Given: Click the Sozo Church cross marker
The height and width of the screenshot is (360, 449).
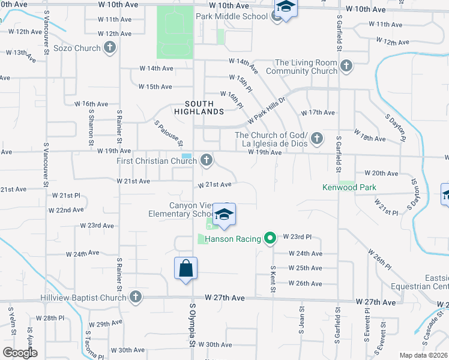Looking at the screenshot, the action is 109,48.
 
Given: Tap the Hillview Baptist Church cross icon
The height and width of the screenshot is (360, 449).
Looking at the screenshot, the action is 136,296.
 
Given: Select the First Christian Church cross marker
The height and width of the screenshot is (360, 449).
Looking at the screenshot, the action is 206,160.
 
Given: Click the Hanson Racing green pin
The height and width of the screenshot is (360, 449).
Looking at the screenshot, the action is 270,239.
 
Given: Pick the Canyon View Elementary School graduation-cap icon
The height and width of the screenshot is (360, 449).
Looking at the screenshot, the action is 224,215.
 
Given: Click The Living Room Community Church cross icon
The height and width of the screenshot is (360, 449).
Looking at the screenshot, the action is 346,65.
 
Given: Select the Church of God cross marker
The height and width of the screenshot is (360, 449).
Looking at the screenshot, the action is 317,139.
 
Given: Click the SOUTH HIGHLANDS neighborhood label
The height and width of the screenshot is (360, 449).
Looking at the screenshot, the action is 199,107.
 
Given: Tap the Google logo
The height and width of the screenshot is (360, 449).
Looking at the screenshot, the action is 20,353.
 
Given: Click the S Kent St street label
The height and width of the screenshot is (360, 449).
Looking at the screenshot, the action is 273,280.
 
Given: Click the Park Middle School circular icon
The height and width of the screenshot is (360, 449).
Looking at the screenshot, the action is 276,16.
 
